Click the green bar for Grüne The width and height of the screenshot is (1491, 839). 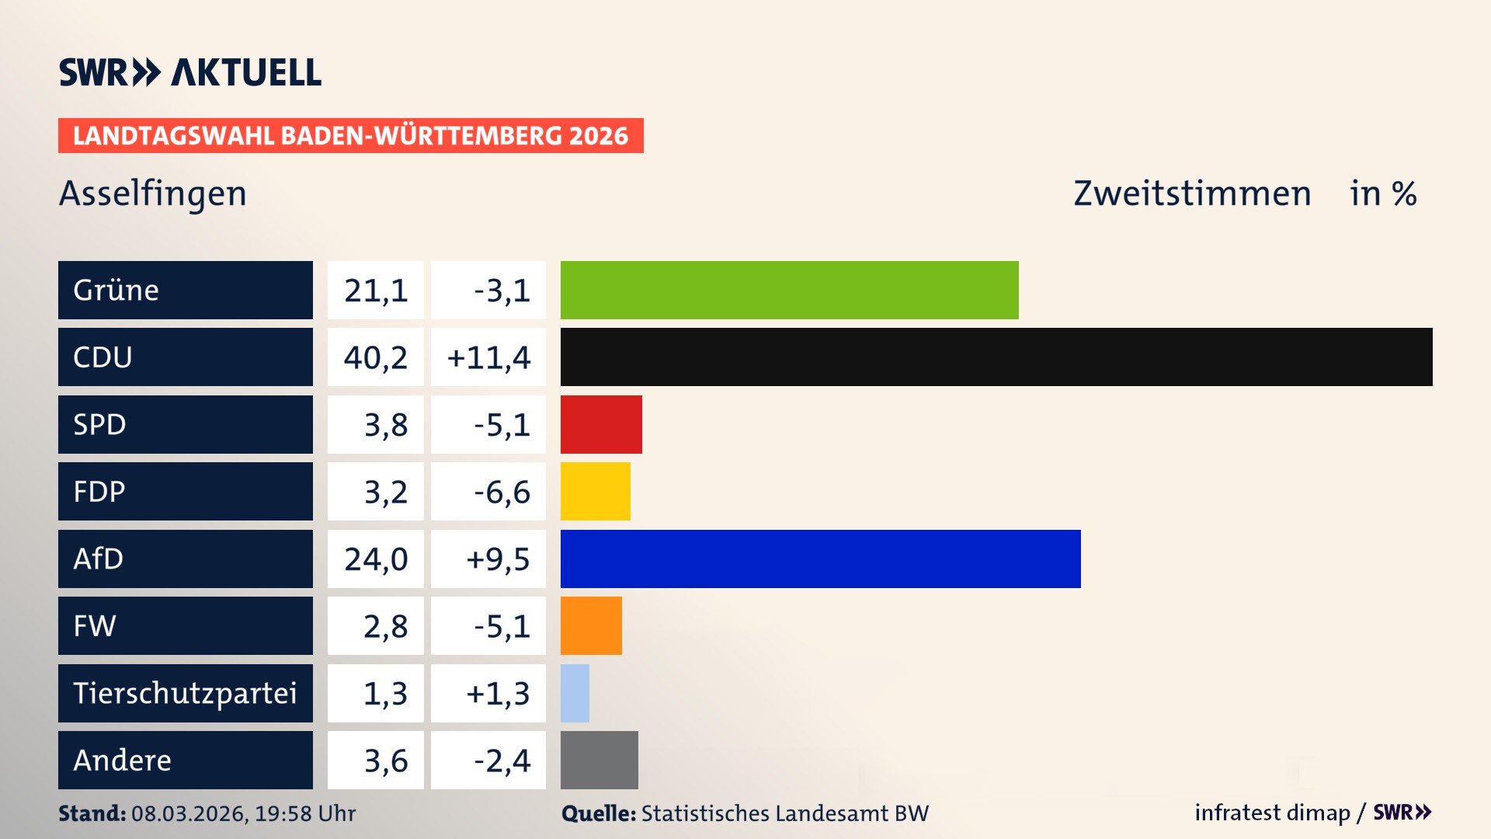click(789, 290)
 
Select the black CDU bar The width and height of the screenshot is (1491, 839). click(996, 357)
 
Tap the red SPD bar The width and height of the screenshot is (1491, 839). click(601, 424)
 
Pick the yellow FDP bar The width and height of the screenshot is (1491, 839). click(595, 491)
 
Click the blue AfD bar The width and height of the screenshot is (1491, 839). click(820, 559)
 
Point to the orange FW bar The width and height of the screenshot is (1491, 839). click(591, 625)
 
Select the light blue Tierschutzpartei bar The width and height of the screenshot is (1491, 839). click(575, 693)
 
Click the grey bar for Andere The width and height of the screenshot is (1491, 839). click(599, 760)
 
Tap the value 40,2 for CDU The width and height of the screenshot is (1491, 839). click(376, 357)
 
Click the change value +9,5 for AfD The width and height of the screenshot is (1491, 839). click(497, 559)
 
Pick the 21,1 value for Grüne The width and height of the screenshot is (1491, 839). click(376, 290)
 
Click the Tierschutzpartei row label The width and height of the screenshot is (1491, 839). click(185, 693)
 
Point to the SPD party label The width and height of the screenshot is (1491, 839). click(99, 424)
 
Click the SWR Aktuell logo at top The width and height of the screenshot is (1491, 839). click(189, 72)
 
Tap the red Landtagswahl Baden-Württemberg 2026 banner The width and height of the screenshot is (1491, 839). click(350, 135)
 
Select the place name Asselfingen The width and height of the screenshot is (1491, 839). click(152, 193)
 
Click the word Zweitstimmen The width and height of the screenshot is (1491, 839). click(1192, 193)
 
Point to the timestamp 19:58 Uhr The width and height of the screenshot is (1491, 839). click(304, 813)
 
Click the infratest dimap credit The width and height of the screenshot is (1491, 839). click(1272, 813)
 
